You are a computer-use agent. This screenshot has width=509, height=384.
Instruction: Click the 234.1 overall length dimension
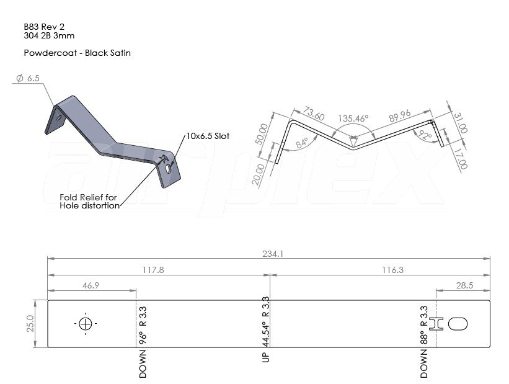point(273,254)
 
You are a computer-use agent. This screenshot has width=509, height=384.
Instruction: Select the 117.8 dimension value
point(153,270)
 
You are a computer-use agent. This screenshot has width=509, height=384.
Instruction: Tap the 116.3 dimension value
point(392,270)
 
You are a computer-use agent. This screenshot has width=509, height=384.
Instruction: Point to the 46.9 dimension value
point(91,285)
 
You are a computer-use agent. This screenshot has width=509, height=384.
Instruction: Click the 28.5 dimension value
point(464,285)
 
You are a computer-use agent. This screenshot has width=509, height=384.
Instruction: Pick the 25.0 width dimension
point(30,324)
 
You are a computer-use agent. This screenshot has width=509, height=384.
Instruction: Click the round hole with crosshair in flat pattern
point(86,324)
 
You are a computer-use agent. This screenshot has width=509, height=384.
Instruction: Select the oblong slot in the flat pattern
point(458,324)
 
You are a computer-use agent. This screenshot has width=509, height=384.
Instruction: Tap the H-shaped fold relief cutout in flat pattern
point(436,324)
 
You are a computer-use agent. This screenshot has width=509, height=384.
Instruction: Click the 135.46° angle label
point(353,118)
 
